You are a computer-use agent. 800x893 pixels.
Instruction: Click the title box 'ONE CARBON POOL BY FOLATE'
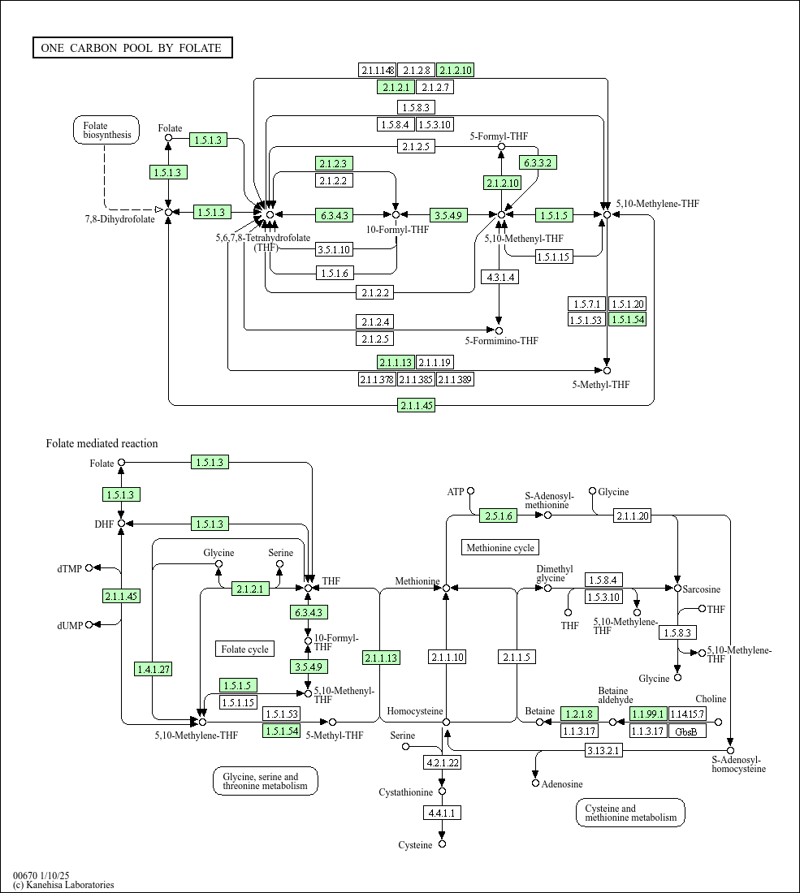(x=132, y=48)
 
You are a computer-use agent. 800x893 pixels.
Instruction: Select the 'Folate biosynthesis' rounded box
(x=106, y=130)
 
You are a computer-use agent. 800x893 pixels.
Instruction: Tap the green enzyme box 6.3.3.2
(x=538, y=163)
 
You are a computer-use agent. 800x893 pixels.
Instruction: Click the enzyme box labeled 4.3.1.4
(x=499, y=277)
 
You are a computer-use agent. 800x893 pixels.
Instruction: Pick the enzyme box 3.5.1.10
(x=334, y=249)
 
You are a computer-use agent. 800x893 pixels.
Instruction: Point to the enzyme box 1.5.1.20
(x=628, y=304)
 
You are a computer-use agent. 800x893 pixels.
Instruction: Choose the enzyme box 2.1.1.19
(x=435, y=362)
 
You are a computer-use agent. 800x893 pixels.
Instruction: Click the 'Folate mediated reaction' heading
(x=102, y=443)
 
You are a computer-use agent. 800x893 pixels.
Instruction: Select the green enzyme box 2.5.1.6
(x=499, y=516)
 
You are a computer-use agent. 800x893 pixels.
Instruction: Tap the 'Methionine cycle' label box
(x=500, y=548)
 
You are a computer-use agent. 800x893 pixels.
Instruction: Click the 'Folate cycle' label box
(x=244, y=649)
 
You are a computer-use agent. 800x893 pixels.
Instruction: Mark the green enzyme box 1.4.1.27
(x=153, y=669)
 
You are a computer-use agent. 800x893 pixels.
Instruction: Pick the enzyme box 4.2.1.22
(x=443, y=762)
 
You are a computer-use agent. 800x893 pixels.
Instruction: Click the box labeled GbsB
(x=686, y=731)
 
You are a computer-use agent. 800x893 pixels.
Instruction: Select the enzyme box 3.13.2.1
(x=603, y=750)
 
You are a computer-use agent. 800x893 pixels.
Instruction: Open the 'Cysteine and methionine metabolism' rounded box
(x=630, y=813)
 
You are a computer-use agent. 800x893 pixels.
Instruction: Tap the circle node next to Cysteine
(x=443, y=844)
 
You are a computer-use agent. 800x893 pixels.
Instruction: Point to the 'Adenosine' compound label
(x=562, y=784)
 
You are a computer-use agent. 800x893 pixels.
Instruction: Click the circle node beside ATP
(x=470, y=491)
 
